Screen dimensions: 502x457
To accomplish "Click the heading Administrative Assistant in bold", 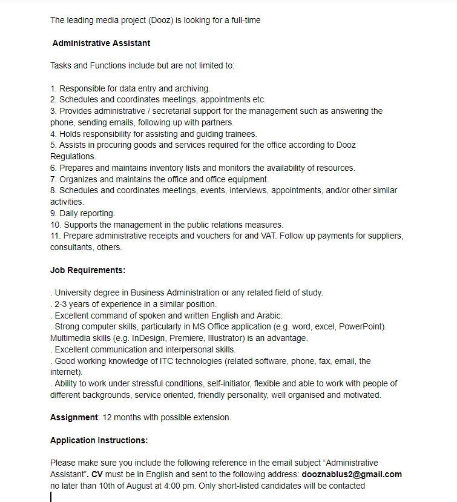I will click(x=101, y=43).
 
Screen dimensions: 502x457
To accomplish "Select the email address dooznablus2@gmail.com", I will click(x=352, y=474).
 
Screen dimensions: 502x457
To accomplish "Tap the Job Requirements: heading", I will click(x=88, y=270).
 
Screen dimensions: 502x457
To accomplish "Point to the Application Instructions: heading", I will click(x=99, y=440).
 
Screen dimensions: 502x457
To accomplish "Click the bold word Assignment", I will click(x=74, y=417).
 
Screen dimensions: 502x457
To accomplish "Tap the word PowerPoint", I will click(x=361, y=327).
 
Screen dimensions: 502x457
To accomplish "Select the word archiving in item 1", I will click(x=191, y=88).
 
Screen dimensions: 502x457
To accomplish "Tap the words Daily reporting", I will click(x=87, y=213).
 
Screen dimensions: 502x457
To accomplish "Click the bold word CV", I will click(x=97, y=474).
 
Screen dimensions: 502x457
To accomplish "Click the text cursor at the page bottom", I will click(x=51, y=497).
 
